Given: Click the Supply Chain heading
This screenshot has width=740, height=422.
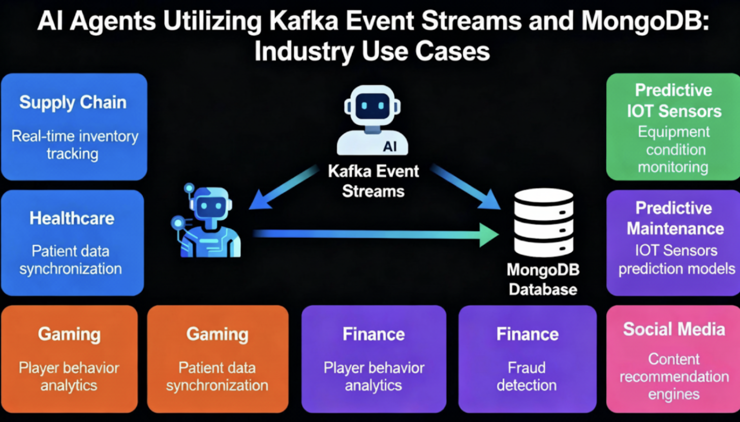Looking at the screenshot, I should coord(73,102).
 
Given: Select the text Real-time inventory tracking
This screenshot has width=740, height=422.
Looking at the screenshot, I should coord(75,145).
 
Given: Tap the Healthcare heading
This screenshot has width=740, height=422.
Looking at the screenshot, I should coord(72,219).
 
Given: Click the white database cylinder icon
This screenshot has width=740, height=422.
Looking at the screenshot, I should coord(543,223).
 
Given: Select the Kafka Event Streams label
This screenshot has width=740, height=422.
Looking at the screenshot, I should coord(374,180).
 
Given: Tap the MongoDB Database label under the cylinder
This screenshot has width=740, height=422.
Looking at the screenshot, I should coord(543,279).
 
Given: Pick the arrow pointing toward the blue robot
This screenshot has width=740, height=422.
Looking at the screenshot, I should coord(282,187).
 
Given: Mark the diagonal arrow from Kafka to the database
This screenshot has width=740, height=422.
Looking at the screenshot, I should coord(465,187).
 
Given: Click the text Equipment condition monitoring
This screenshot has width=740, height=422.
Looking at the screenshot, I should coord(673,149).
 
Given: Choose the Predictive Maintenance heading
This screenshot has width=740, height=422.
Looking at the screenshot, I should coord(675,218).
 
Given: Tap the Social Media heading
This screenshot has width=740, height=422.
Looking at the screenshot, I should coord(674,329).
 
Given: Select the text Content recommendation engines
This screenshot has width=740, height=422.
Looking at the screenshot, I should coord(674,376).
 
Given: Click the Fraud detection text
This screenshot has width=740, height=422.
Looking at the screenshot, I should coord(527,376).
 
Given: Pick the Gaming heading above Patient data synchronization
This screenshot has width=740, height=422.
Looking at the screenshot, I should coord(217,334).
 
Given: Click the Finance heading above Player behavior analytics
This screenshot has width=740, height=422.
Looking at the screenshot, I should coord(374,334).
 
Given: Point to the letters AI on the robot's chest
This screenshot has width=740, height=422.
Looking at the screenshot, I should coord(389,147).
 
